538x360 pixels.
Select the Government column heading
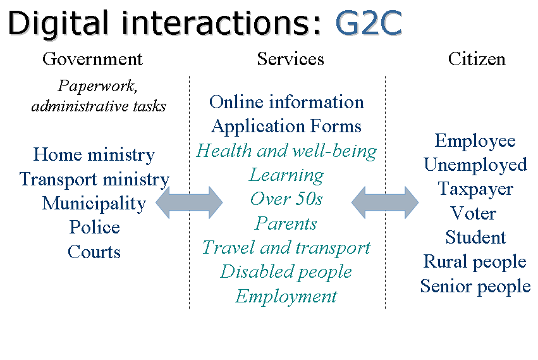click(92, 59)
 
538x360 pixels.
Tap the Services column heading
click(290, 59)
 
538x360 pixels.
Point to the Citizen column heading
click(477, 59)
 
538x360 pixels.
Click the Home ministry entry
click(94, 155)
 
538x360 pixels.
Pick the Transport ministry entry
click(94, 180)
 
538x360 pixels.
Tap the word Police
click(94, 228)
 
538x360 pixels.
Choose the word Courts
click(94, 252)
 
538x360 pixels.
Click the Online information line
click(286, 102)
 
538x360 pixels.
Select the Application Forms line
click(286, 127)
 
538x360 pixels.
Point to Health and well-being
click(286, 151)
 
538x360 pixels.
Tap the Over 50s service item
click(286, 199)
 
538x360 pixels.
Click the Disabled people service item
click(286, 272)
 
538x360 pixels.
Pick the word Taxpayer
click(475, 189)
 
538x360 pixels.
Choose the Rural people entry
click(475, 262)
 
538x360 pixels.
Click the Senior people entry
click(475, 286)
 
